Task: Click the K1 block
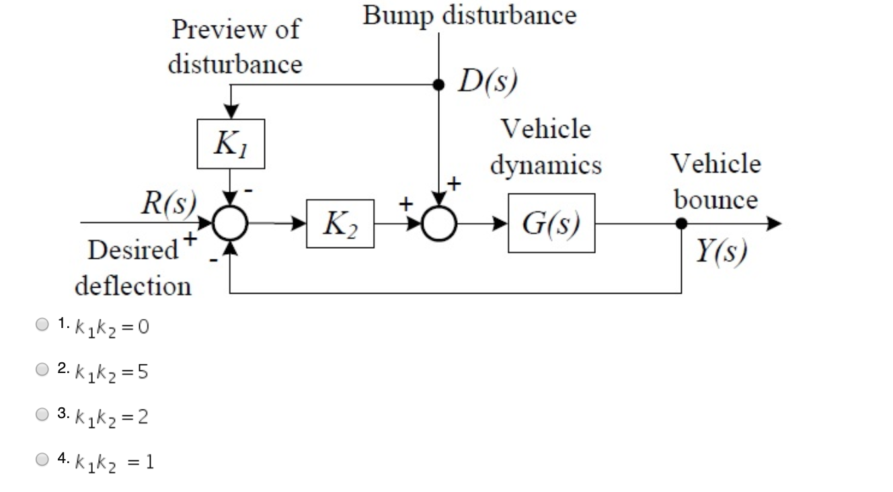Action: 231,144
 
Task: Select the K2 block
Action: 340,224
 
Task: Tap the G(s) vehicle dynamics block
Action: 551,223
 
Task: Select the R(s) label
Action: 168,202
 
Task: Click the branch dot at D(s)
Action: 439,85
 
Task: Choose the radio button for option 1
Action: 42,325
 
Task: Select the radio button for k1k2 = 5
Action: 42,369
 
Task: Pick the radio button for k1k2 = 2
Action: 42,415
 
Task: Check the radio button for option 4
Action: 42,460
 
